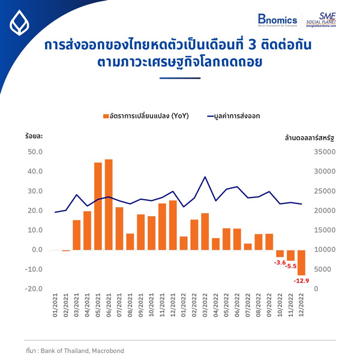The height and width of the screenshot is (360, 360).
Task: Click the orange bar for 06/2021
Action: click(x=109, y=205)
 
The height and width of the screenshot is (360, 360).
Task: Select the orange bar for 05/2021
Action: click(x=98, y=206)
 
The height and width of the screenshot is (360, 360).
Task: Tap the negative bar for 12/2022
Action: click(x=302, y=262)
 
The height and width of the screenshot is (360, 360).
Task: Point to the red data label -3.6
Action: click(x=279, y=263)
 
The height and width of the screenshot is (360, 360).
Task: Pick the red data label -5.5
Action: click(x=291, y=266)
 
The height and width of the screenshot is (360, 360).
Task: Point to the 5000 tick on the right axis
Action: click(x=325, y=269)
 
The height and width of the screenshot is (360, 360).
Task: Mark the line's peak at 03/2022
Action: click(x=206, y=177)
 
